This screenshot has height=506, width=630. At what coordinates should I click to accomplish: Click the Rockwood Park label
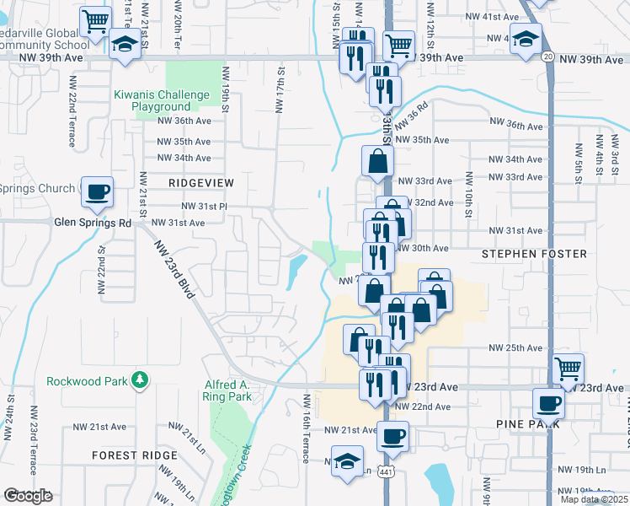(87, 381)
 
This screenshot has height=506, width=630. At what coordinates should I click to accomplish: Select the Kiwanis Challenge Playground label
(152, 100)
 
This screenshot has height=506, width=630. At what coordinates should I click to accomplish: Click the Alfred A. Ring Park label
(227, 390)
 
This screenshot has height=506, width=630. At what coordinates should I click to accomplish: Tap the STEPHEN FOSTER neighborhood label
(521, 253)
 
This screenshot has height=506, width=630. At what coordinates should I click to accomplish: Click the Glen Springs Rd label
(93, 223)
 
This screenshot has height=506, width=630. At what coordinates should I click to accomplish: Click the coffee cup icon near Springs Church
(97, 191)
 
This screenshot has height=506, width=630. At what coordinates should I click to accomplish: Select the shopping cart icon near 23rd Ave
(569, 369)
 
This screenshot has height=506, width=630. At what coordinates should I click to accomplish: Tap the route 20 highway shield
(547, 57)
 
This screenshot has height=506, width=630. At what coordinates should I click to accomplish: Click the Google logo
(28, 496)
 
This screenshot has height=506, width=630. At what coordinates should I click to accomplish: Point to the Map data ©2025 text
(595, 499)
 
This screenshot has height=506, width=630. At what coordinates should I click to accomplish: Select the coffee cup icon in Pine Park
(549, 402)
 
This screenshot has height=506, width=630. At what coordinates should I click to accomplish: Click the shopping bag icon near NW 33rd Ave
(376, 160)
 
